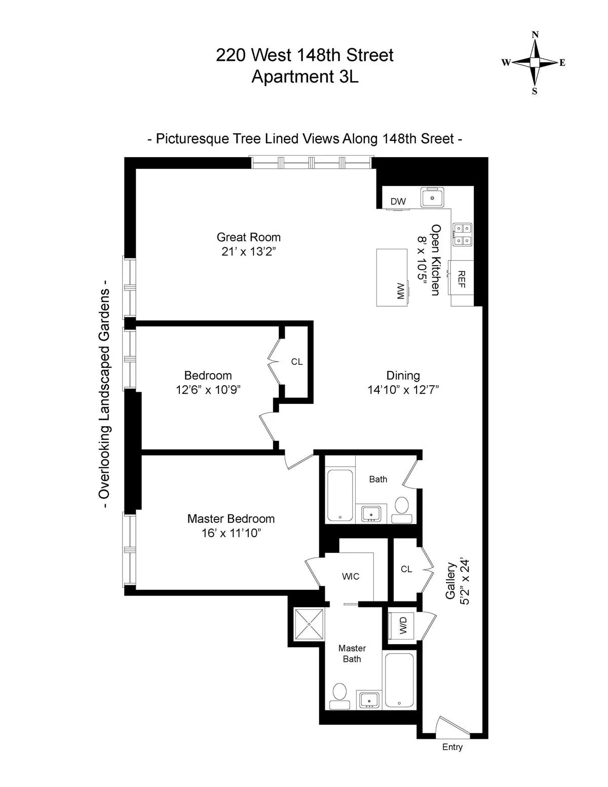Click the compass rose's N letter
[535, 34]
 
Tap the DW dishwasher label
[398, 201]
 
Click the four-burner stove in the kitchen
[463, 234]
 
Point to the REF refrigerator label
[462, 279]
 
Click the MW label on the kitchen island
[401, 291]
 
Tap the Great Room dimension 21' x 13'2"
[248, 251]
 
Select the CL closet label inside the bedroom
[297, 362]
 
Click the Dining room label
[403, 376]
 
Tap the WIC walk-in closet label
[351, 577]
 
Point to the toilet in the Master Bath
[339, 695]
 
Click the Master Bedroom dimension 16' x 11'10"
[231, 533]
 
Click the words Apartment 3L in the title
[305, 77]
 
